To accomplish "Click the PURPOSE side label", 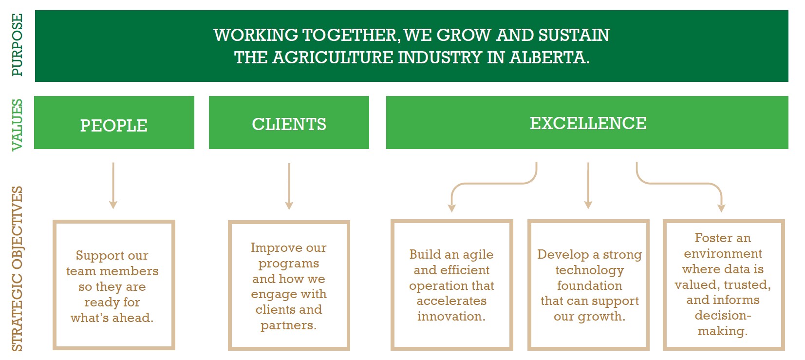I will pos(17,45).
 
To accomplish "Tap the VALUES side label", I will pos(17,125).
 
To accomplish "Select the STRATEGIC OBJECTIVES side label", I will pos(17,268).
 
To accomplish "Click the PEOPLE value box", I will pos(114,123).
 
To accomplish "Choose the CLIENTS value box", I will pos(289,123).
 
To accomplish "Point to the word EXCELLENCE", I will pos(588,123).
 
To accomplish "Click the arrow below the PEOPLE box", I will pos(113,186).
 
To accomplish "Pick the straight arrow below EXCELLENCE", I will pos(588,186).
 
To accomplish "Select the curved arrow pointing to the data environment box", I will pos(682,184).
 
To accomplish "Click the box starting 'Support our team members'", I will pos(113,285).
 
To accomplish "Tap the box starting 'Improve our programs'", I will pos(289,285).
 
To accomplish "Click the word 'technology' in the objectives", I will pos(589,270).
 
